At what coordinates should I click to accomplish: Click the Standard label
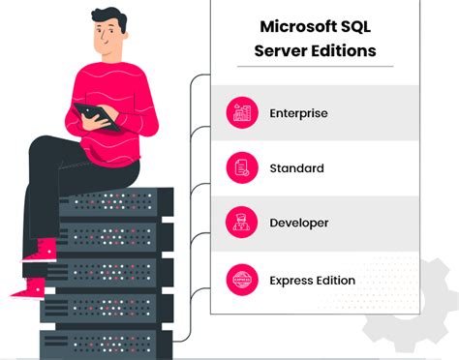pyautogui.click(x=297, y=168)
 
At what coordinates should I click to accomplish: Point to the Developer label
pyautogui.click(x=300, y=224)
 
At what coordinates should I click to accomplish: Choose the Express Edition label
pyautogui.click(x=313, y=281)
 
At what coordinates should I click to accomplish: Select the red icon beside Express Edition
pyautogui.click(x=242, y=281)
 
